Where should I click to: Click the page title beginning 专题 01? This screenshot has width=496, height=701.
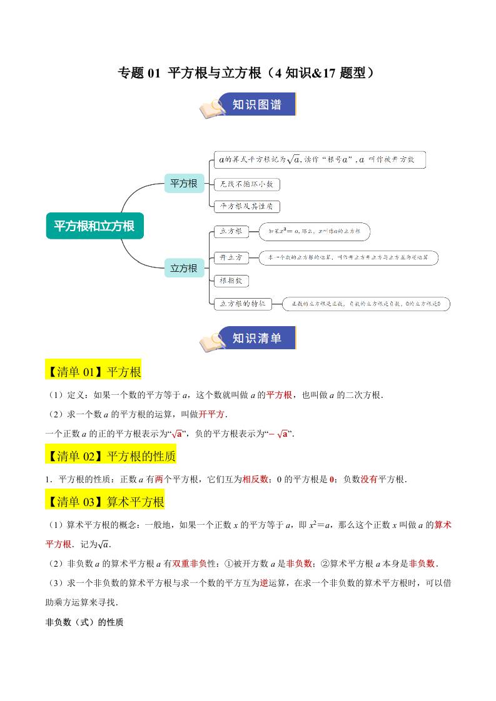click(247, 74)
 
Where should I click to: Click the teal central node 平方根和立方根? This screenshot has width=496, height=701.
click(94, 226)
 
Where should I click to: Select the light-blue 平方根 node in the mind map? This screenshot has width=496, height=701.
click(184, 183)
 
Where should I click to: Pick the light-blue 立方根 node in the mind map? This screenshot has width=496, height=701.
click(184, 268)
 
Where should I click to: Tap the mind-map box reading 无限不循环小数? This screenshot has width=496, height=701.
click(246, 184)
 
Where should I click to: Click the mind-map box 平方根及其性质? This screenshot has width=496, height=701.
click(246, 206)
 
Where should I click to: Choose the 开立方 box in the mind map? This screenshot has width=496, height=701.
click(231, 257)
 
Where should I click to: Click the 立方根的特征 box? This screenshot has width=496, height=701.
click(242, 304)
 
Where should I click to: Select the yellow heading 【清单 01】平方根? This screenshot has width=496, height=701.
click(94, 372)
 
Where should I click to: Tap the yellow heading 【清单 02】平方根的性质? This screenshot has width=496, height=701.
click(111, 456)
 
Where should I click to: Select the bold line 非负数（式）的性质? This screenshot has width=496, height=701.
click(84, 622)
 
